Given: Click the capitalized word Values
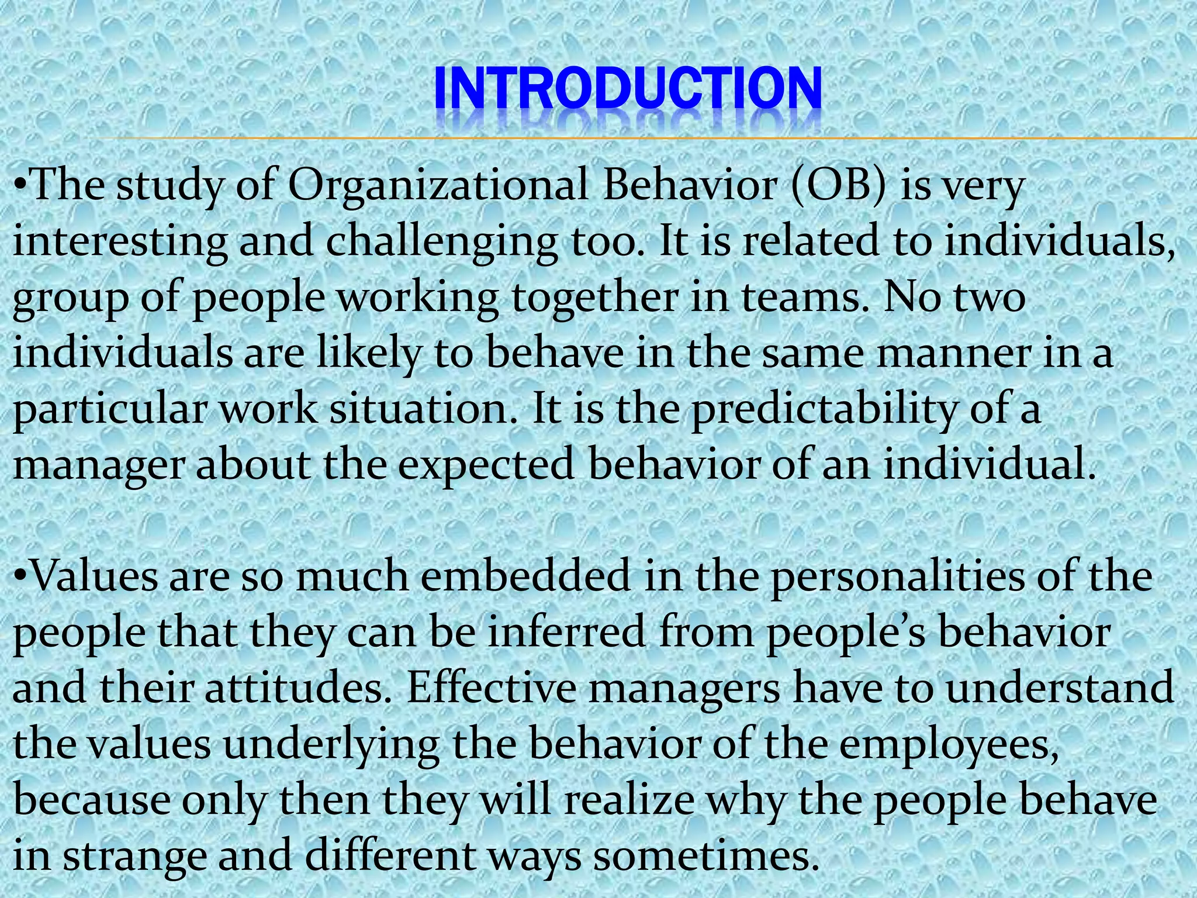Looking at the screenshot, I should click(94, 576).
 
